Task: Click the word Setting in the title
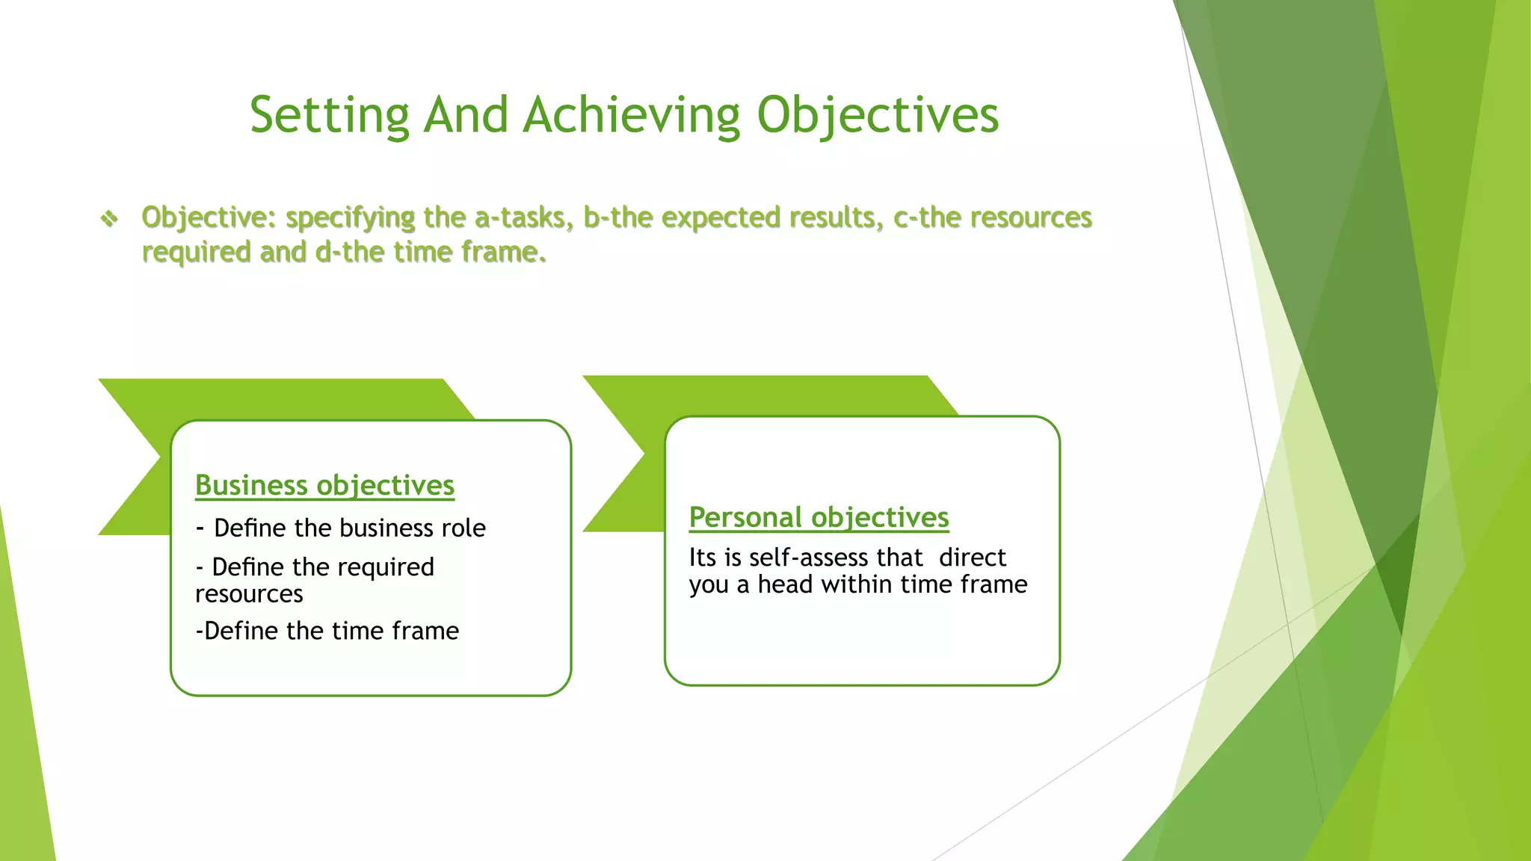pos(329,116)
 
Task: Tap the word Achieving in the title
pos(631,116)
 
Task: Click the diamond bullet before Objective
pos(109,219)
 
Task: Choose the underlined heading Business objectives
pos(324,486)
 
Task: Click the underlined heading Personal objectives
pos(819,517)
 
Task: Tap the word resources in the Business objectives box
pos(249,594)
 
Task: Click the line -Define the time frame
pos(327,631)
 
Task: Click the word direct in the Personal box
pos(972,558)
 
